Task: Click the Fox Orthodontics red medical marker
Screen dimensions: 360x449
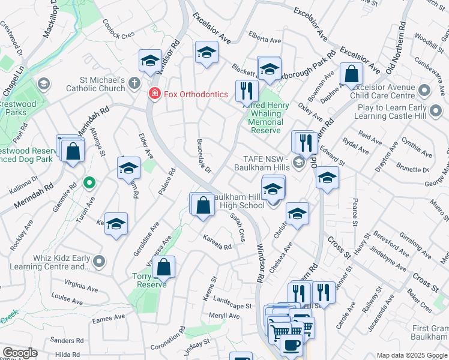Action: pos(154,94)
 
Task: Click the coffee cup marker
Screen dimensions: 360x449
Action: pos(292,346)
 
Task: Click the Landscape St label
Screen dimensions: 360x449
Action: pos(232,305)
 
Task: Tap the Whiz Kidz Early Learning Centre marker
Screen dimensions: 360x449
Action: pos(100,261)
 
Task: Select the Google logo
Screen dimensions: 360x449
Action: pos(20,353)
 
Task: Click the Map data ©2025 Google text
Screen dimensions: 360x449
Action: pos(411,355)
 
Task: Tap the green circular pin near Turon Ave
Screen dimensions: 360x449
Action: pos(89,181)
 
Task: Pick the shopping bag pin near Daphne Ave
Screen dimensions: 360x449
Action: pos(351,74)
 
